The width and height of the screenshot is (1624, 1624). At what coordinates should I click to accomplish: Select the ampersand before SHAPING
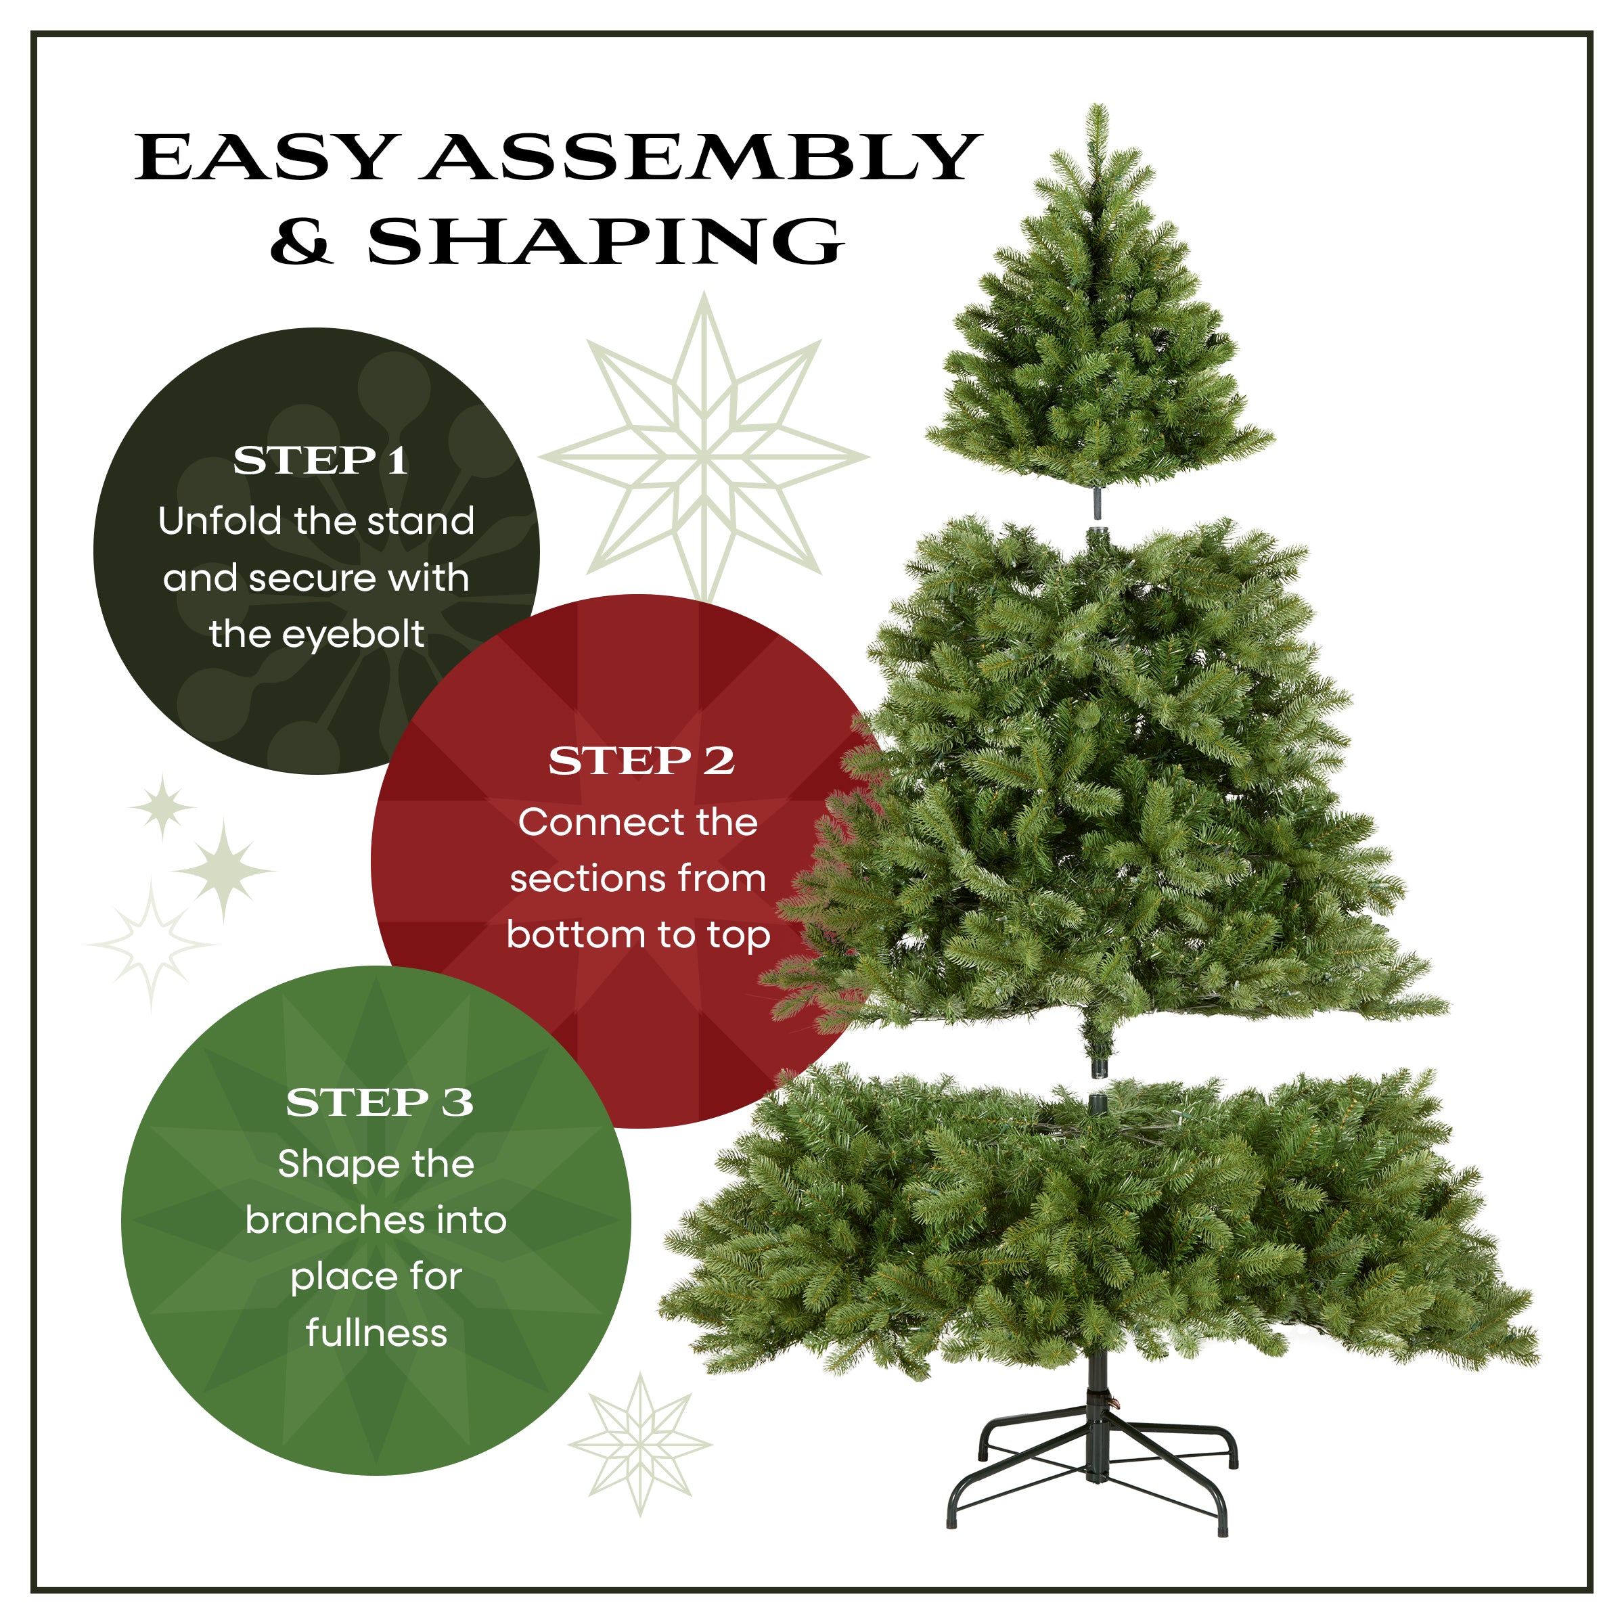[x=302, y=242]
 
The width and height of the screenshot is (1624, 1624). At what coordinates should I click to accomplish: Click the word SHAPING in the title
[x=605, y=242]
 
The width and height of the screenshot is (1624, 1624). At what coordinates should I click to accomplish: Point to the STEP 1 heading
[x=320, y=460]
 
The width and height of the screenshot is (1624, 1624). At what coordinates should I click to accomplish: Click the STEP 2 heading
[x=641, y=761]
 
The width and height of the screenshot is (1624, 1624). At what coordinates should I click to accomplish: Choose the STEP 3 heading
[x=379, y=1102]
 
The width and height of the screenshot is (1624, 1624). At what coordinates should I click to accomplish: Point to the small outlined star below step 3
[x=641, y=1444]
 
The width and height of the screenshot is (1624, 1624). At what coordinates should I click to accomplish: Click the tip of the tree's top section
[x=1096, y=109]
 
